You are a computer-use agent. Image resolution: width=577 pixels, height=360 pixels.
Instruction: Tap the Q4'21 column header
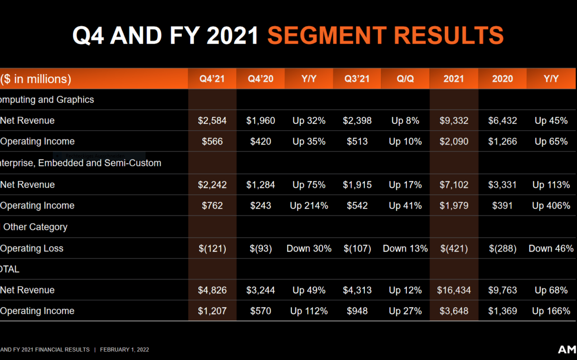coord(212,79)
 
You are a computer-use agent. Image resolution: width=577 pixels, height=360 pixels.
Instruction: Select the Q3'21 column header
coord(357,79)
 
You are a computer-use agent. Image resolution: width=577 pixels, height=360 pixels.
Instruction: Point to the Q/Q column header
coord(405,79)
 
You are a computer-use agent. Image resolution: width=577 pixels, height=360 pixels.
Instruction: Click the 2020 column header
coord(503,79)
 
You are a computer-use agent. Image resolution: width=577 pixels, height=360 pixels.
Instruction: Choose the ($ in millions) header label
coord(36,79)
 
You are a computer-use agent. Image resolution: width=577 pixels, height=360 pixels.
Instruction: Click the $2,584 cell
coord(212,120)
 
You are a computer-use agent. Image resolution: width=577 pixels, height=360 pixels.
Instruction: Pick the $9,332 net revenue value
coord(454,120)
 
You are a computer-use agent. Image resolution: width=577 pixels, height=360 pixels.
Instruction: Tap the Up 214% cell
coord(309,206)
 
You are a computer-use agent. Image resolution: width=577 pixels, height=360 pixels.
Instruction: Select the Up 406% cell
coord(551,206)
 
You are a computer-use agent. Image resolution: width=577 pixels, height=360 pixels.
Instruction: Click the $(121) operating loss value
coord(212,249)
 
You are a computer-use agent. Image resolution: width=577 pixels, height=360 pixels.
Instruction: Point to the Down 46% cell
coord(551,249)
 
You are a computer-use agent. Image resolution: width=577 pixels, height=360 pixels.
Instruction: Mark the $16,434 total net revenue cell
coord(454,290)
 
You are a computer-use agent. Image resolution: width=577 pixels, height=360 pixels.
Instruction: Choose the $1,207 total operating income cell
coord(212,311)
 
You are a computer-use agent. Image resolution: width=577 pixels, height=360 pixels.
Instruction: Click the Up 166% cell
coord(551,311)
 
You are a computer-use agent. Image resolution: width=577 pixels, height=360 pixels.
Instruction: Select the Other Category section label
coord(35,227)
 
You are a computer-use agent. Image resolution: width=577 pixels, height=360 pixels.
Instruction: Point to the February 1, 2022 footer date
coord(124,350)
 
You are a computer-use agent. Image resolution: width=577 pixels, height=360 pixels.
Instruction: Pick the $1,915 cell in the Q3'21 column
coord(357,185)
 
